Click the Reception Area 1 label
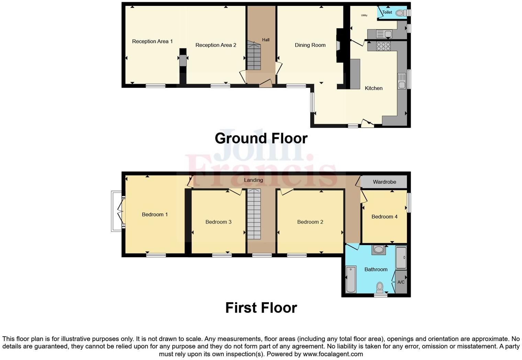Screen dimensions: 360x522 [x=152, y=42]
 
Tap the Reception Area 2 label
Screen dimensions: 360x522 [x=216, y=45]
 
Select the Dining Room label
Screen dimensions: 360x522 [x=310, y=45]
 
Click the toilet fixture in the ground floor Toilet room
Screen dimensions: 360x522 [x=400, y=13]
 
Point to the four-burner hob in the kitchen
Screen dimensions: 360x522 [x=383, y=46]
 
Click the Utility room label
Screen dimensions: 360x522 [x=364, y=15]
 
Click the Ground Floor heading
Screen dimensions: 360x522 [x=261, y=138]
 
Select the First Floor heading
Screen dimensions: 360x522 [x=261, y=308]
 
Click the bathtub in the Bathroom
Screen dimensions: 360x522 [x=351, y=279]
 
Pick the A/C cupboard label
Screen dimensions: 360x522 [x=401, y=282]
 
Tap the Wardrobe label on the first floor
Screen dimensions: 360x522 [x=384, y=182]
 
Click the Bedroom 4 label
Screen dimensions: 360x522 [x=384, y=217]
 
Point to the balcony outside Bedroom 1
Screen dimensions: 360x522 [x=116, y=211]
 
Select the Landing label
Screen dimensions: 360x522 [x=253, y=180]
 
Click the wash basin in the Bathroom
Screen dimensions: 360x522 [x=378, y=250]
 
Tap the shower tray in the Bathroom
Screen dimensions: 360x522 [x=401, y=257]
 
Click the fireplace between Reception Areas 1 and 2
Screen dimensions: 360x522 [x=183, y=60]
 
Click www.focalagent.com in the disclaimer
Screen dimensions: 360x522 [x=333, y=354]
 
